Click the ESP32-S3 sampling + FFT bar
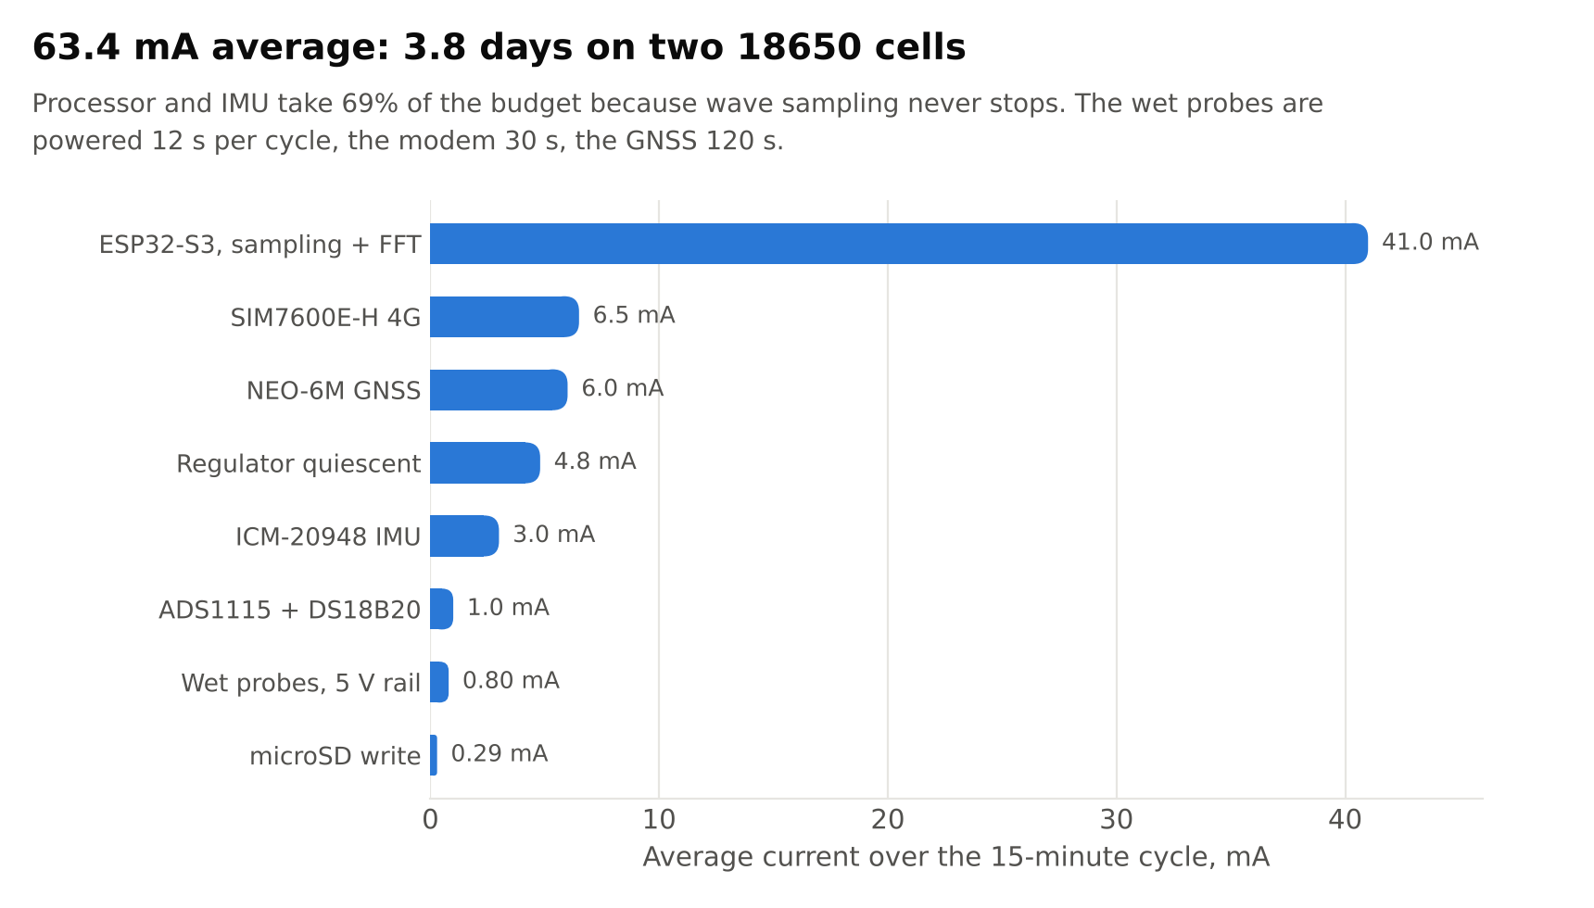(899, 244)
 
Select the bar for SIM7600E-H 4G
(504, 317)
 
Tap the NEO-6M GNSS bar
(499, 390)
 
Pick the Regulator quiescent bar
(485, 462)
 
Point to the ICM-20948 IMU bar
(464, 536)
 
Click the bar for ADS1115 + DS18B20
(441, 609)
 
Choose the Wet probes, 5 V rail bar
(439, 682)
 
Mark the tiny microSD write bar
(434, 755)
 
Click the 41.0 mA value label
(1430, 243)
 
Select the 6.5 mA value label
(634, 316)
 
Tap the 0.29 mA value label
(500, 754)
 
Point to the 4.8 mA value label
(595, 461)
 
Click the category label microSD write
(335, 756)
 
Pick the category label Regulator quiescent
(298, 463)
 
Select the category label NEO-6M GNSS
(334, 391)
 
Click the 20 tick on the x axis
(888, 820)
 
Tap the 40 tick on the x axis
(1345, 820)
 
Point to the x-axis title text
(956, 857)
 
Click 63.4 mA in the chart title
(116, 47)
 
